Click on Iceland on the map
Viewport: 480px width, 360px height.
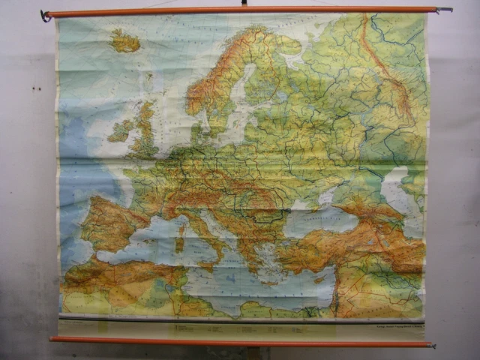click(x=124, y=40)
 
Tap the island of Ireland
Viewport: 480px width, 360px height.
click(x=120, y=131)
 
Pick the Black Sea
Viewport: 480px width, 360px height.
click(x=315, y=220)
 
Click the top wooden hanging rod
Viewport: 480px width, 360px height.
click(x=240, y=11)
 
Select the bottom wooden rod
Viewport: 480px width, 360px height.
click(x=240, y=341)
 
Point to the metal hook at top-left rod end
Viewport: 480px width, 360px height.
click(x=46, y=15)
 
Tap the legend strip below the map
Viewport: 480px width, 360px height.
click(x=240, y=327)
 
